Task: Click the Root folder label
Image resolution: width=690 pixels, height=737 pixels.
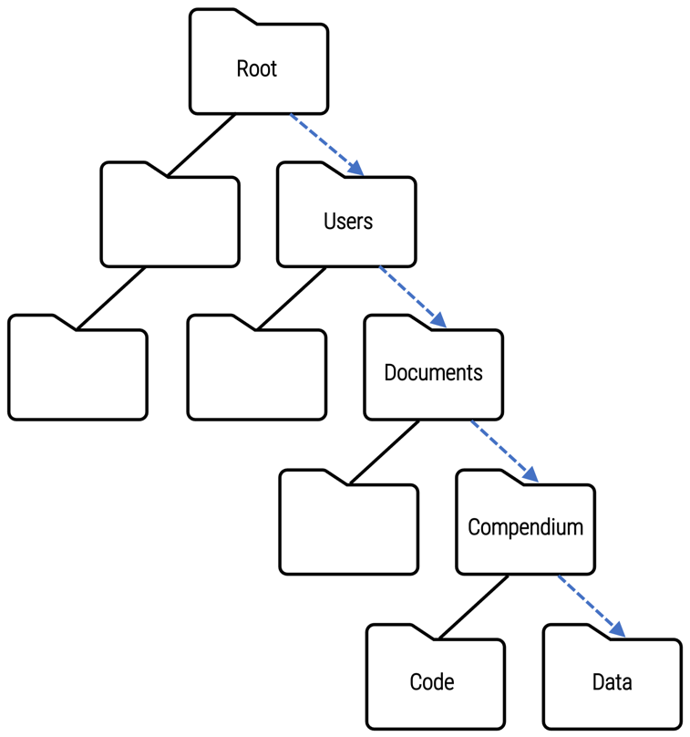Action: tap(256, 69)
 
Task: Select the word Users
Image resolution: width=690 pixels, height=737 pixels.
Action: tap(347, 222)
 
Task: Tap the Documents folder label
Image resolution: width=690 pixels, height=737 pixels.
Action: tap(433, 373)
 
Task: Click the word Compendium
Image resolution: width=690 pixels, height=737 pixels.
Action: tap(525, 527)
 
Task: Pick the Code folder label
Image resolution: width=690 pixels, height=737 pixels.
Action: tap(432, 682)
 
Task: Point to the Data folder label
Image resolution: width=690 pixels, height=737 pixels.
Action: tap(612, 682)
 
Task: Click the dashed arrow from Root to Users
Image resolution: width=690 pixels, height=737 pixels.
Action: tap(325, 143)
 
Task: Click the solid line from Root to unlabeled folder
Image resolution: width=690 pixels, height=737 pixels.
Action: tap(202, 143)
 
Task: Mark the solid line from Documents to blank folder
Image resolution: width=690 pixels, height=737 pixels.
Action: tap(385, 452)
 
